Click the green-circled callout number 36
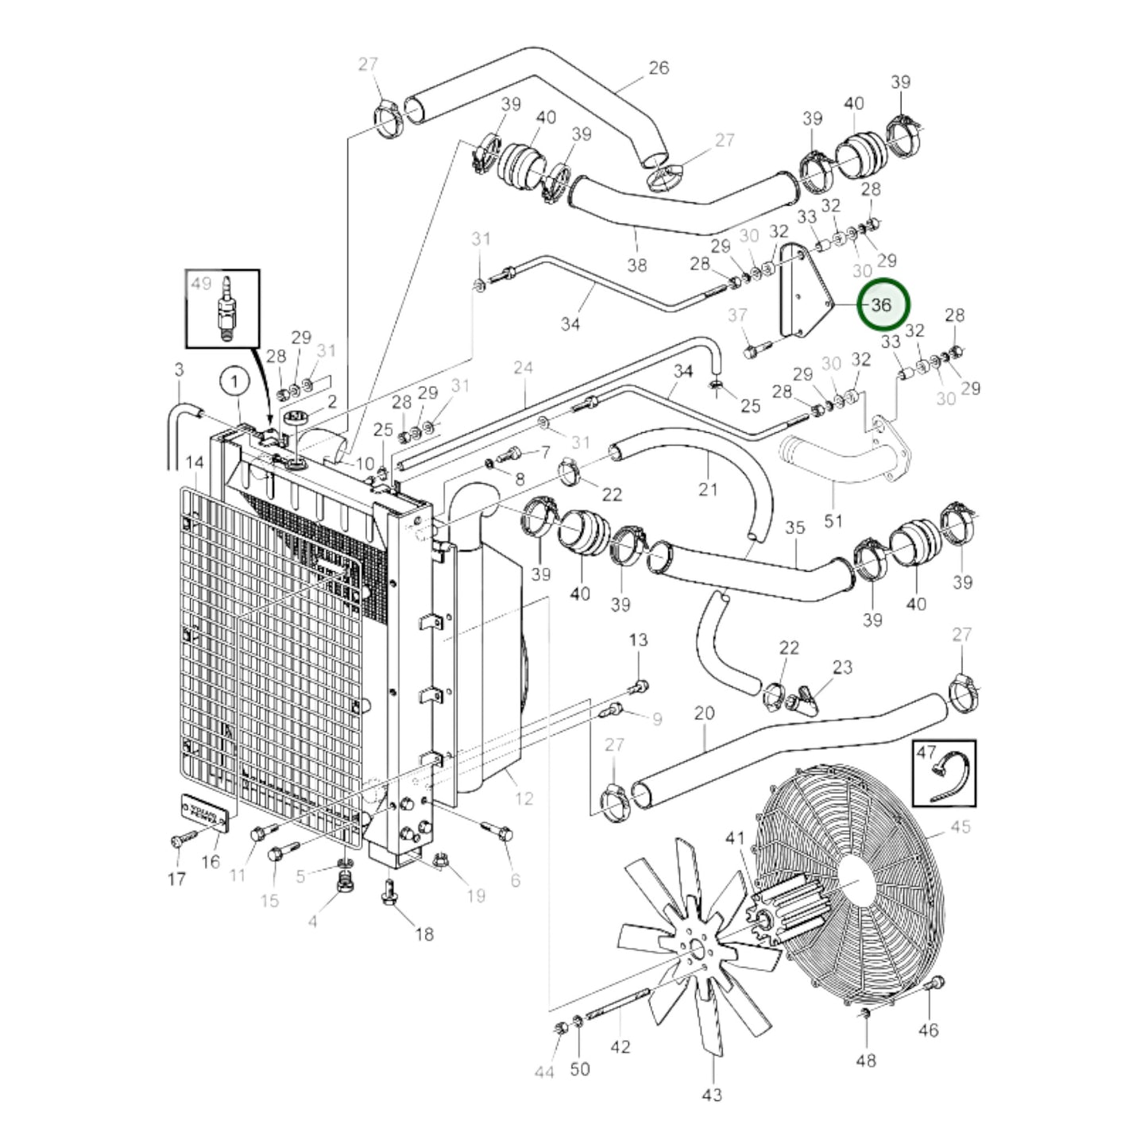coord(881,305)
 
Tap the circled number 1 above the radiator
coord(234,382)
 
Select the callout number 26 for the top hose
coord(659,68)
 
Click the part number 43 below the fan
coord(712,1094)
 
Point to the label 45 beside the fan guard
coord(960,827)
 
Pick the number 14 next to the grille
coord(195,462)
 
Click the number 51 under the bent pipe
coord(833,521)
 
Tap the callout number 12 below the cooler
coord(524,798)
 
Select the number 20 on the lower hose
coord(704,713)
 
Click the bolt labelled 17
coord(180,841)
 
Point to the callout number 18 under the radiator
coord(424,933)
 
